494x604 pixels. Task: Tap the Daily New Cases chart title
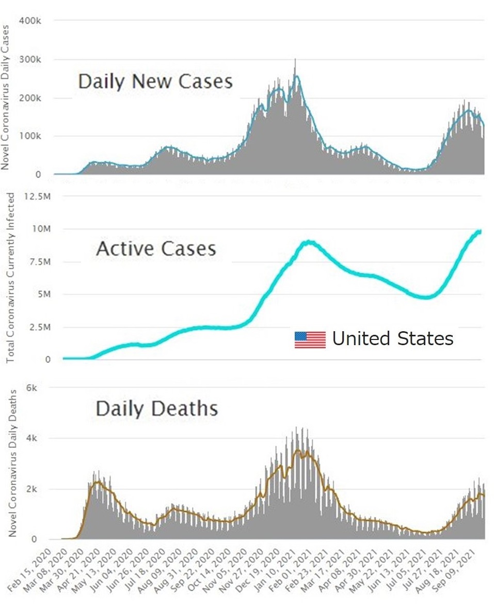[x=155, y=82]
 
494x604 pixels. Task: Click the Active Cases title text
[x=156, y=249]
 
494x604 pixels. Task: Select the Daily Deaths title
[x=156, y=409]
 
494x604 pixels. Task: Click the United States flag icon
[x=310, y=339]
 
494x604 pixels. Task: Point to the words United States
[x=392, y=339]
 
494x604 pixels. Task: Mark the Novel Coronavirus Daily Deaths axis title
[x=12, y=463]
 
